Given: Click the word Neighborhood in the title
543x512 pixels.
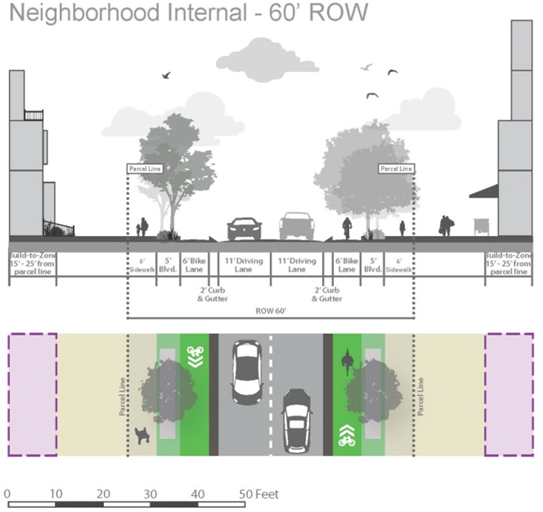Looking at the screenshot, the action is point(84,12).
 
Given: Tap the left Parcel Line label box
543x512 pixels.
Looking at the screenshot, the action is point(145,169).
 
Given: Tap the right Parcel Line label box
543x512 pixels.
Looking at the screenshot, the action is point(396,169).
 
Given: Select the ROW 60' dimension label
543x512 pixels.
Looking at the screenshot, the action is point(271,311).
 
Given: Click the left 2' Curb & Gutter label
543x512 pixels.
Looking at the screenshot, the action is point(212,294).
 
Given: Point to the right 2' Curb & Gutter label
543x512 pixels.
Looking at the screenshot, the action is point(327,294).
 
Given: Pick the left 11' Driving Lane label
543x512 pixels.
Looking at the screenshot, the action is point(244,265).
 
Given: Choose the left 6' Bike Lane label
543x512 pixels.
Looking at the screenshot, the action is point(194,265).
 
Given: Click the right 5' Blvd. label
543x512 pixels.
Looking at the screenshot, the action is point(373,265).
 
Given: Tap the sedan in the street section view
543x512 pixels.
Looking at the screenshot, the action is point(244,228).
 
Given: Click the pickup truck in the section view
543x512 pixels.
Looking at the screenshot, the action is point(297,226).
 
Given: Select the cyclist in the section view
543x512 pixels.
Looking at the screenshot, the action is point(347,228).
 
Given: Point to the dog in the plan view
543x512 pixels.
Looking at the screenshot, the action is point(142,435).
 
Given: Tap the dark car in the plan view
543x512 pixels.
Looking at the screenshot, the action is point(296,421).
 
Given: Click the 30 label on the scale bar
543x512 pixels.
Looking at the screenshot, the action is point(150,494).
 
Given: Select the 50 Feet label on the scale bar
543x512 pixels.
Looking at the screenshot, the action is point(259,494).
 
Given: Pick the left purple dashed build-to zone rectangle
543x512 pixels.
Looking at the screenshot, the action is point(33,394).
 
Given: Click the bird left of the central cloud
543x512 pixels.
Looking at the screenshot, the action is point(166,75).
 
